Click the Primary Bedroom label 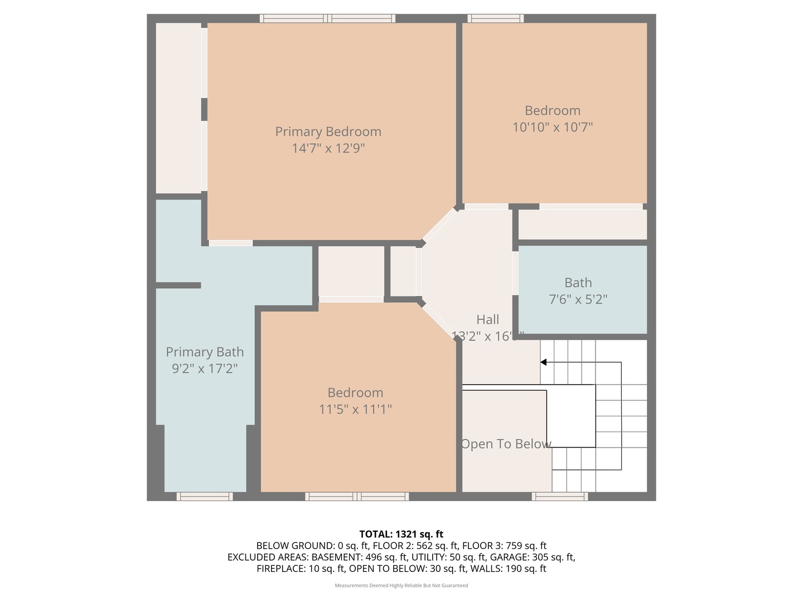(x=328, y=132)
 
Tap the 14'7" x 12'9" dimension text (x=328, y=148)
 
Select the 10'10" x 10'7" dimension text (x=552, y=127)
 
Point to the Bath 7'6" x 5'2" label (x=578, y=291)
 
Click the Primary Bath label (x=205, y=352)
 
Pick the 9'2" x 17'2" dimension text (x=205, y=368)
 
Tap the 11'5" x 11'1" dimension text (x=355, y=409)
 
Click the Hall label (x=487, y=320)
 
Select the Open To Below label (x=506, y=444)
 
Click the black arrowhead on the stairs (x=543, y=362)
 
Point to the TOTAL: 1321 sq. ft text (x=401, y=535)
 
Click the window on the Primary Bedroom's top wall (x=328, y=18)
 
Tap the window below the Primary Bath (x=205, y=496)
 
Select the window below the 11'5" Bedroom (x=357, y=496)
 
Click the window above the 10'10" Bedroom (x=495, y=18)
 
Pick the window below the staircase (x=559, y=496)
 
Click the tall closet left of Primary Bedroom (x=178, y=108)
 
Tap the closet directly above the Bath (x=582, y=225)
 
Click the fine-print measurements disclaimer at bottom (x=401, y=585)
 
